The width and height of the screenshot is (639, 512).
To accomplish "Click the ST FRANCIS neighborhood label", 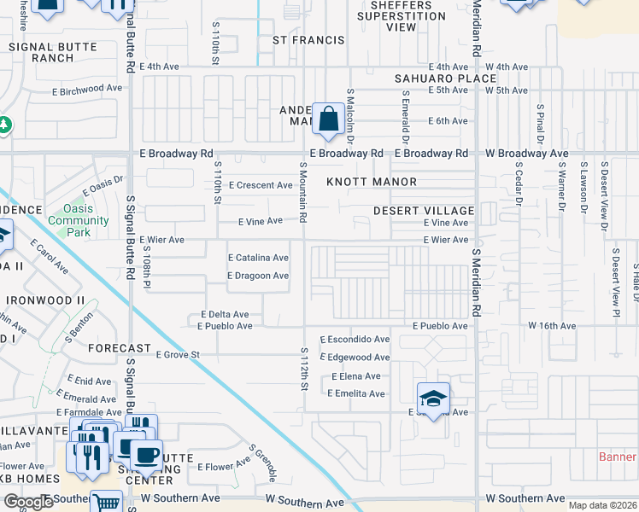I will pyautogui.click(x=308, y=40).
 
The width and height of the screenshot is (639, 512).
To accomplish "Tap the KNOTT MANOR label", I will pyautogui.click(x=372, y=182).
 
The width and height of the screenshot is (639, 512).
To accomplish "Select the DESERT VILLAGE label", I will pyautogui.click(x=424, y=211).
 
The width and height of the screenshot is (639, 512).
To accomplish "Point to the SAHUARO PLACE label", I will pyautogui.click(x=434, y=79).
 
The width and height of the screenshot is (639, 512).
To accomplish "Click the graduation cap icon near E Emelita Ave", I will pyautogui.click(x=434, y=399).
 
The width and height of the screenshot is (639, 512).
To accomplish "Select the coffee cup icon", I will pyautogui.click(x=146, y=454).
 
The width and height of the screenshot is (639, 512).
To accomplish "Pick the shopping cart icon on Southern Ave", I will pyautogui.click(x=106, y=503).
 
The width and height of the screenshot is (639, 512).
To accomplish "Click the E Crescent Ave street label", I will pyautogui.click(x=265, y=185).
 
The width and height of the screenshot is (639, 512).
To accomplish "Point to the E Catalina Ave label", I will pyautogui.click(x=257, y=258).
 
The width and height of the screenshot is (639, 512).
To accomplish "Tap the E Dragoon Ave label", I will pyautogui.click(x=257, y=276).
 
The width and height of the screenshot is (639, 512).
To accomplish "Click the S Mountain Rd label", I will pyautogui.click(x=302, y=191).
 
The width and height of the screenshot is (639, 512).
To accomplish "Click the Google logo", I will pyautogui.click(x=28, y=502).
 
